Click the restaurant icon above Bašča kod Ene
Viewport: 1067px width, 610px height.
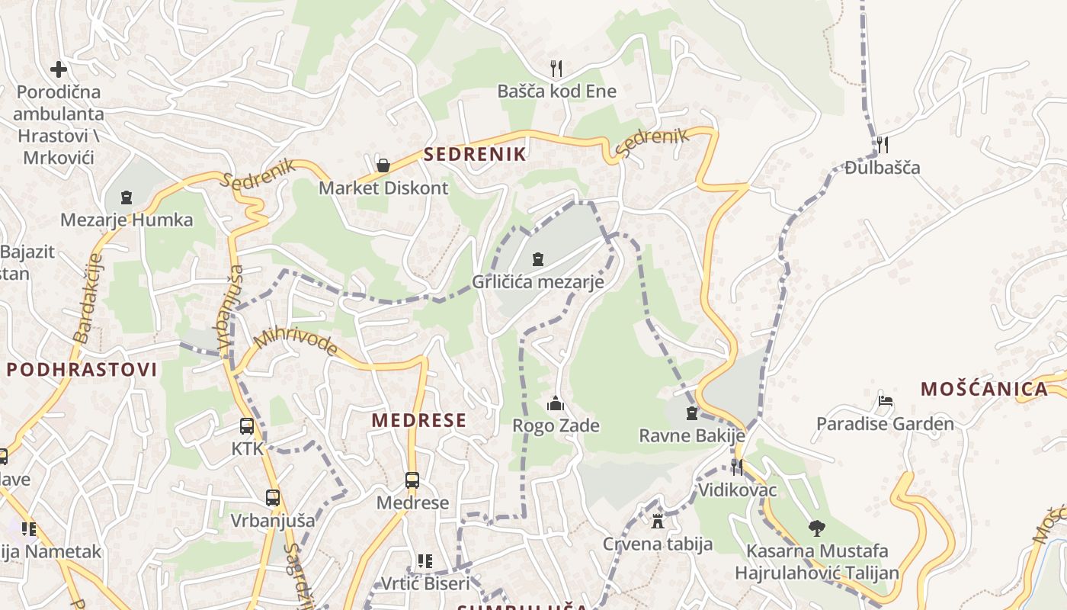coord(556,69)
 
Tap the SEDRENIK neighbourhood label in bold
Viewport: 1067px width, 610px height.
coord(475,154)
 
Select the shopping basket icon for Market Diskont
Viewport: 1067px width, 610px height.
coord(383,165)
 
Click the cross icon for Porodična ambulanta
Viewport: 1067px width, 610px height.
coord(59,69)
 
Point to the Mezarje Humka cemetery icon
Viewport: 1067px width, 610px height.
coord(127,197)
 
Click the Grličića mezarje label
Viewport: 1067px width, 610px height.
coord(538,282)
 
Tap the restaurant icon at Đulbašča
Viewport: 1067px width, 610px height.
coord(883,144)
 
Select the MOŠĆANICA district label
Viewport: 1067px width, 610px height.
coord(984,389)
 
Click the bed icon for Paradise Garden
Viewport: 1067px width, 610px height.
coord(885,401)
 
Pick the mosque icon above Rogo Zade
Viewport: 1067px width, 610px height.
coord(556,403)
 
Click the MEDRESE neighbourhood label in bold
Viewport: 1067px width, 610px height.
coord(418,420)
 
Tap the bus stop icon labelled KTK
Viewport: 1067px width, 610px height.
coord(247,427)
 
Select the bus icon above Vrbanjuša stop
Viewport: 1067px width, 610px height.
coord(273,498)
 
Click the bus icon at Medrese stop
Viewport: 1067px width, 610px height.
coord(412,480)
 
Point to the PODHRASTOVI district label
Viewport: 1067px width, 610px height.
coord(82,370)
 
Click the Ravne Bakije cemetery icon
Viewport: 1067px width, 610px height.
coord(692,413)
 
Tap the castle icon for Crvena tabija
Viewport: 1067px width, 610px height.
coord(658,522)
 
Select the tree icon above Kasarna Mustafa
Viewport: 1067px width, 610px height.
coord(817,528)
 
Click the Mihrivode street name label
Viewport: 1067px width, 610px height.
coord(296,342)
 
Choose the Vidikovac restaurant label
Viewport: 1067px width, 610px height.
coord(737,490)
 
